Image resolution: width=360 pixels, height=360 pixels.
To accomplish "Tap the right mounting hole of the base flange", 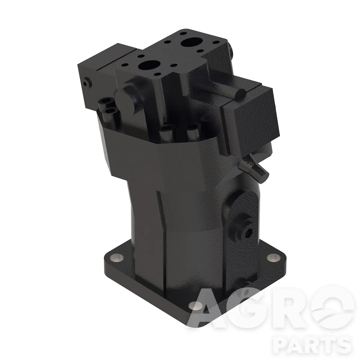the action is [274, 258].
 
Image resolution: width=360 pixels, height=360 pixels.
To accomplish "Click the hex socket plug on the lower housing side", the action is [247, 232].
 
